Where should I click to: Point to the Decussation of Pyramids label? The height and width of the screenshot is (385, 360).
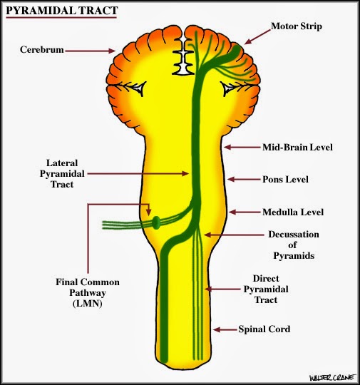(293, 244)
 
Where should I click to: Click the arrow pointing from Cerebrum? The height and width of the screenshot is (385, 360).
(94, 51)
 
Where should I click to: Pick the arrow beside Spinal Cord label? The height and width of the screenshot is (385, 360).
(226, 329)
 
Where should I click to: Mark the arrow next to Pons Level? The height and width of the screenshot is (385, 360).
(241, 180)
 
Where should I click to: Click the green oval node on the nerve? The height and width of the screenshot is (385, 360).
(155, 223)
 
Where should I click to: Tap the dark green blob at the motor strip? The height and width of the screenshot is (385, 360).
(235, 52)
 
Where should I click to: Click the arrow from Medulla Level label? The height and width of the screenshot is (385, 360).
(245, 212)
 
